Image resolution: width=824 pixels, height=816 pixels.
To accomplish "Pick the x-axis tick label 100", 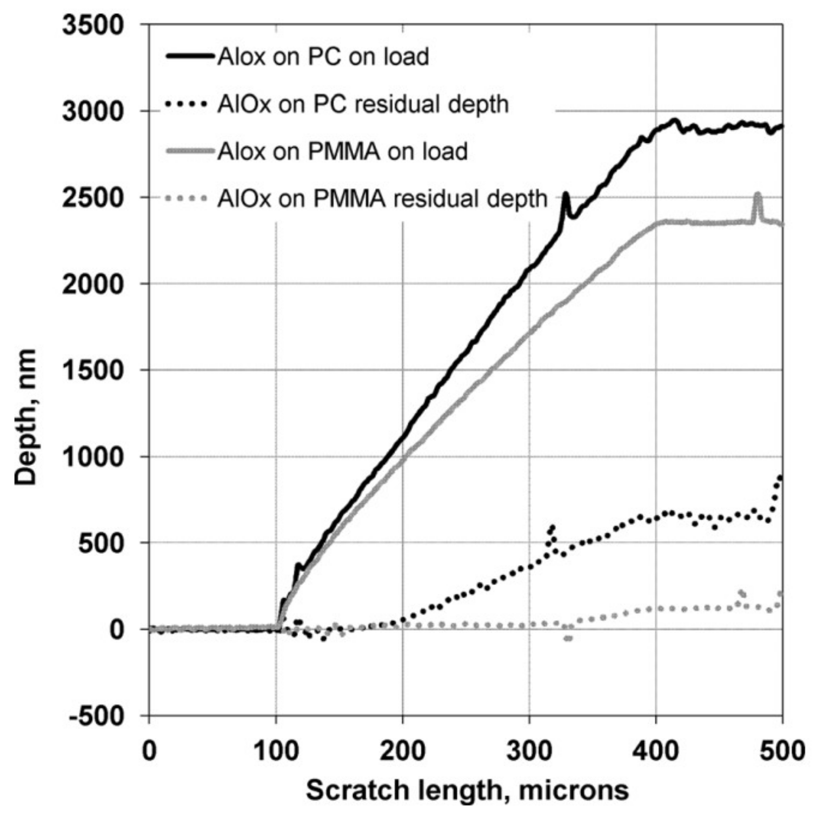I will click(276, 751).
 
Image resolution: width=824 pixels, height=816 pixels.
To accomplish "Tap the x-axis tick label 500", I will click(782, 751).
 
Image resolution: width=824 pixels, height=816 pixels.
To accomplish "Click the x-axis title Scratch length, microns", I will click(467, 790).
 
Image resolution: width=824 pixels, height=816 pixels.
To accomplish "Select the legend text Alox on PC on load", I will click(323, 57).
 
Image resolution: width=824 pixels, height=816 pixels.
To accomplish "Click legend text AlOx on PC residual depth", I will click(363, 104).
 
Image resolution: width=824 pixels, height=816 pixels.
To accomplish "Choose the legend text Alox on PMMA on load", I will click(342, 151).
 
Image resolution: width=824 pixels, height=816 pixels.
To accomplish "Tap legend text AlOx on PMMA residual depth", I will click(382, 199).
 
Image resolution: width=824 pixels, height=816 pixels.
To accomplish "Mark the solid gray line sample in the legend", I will click(190, 152).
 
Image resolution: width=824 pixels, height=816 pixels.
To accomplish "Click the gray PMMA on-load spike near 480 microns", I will click(757, 196).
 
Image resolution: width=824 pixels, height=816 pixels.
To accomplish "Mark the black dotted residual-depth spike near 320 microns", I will click(551, 527).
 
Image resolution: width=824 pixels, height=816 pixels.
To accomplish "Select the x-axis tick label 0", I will click(149, 751).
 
